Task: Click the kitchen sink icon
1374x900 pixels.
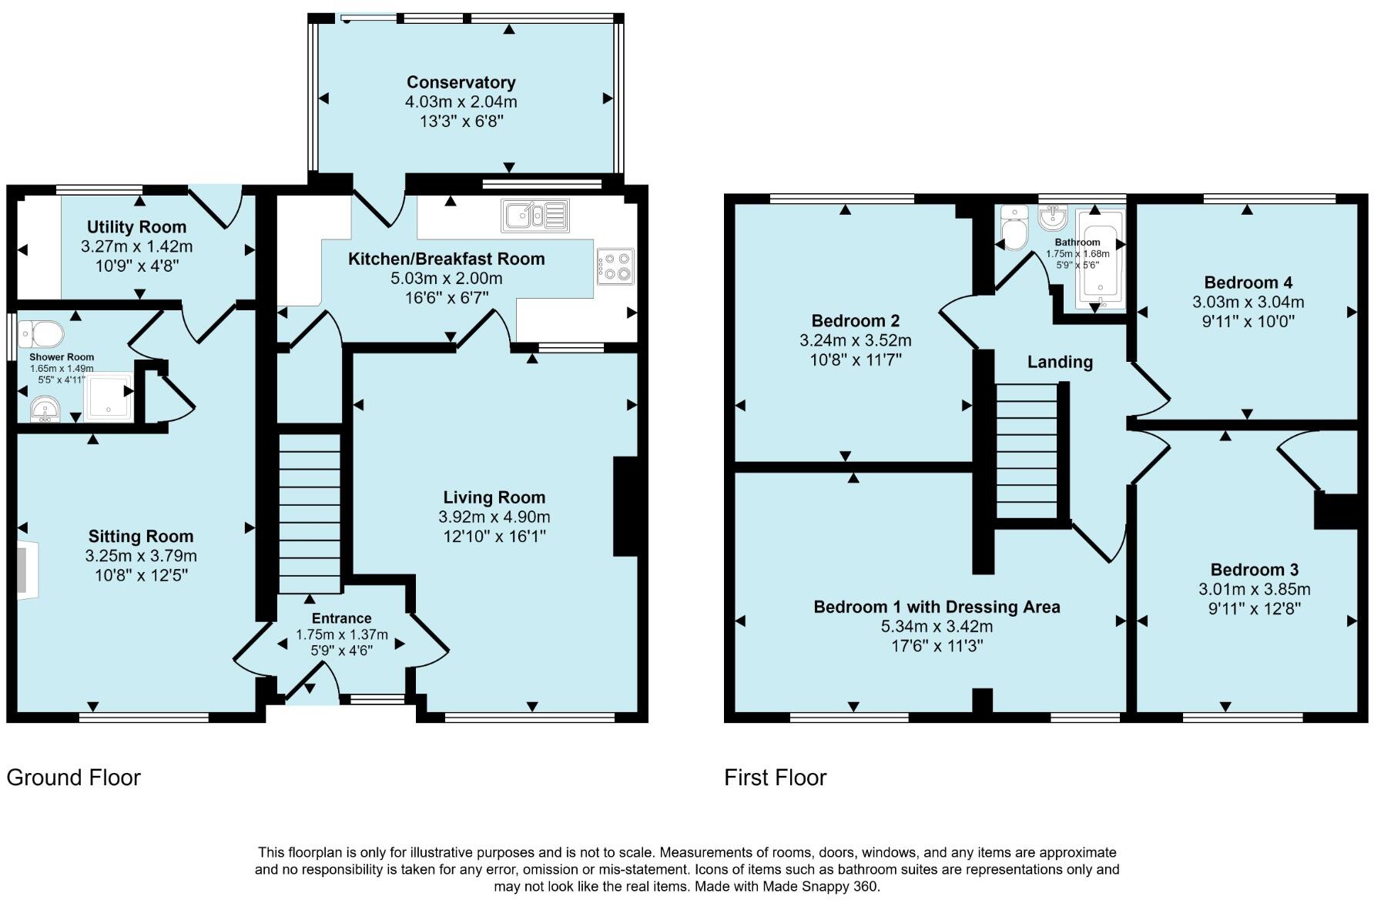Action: click(x=535, y=215)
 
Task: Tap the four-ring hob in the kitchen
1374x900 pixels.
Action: click(x=615, y=266)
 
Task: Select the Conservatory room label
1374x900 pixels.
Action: click(x=461, y=82)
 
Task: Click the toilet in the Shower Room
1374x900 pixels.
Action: click(x=42, y=334)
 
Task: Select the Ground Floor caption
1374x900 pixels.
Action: click(x=73, y=778)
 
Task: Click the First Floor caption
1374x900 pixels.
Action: click(x=775, y=778)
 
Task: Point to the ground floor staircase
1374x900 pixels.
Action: click(x=309, y=513)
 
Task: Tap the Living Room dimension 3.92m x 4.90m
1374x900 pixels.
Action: click(x=494, y=517)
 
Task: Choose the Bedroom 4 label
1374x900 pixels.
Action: click(x=1248, y=283)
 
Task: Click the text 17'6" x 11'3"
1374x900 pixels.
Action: click(x=937, y=646)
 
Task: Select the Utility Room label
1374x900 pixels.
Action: click(x=136, y=227)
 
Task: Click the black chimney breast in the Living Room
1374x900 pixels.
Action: click(x=625, y=506)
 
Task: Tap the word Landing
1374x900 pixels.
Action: click(x=1060, y=362)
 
